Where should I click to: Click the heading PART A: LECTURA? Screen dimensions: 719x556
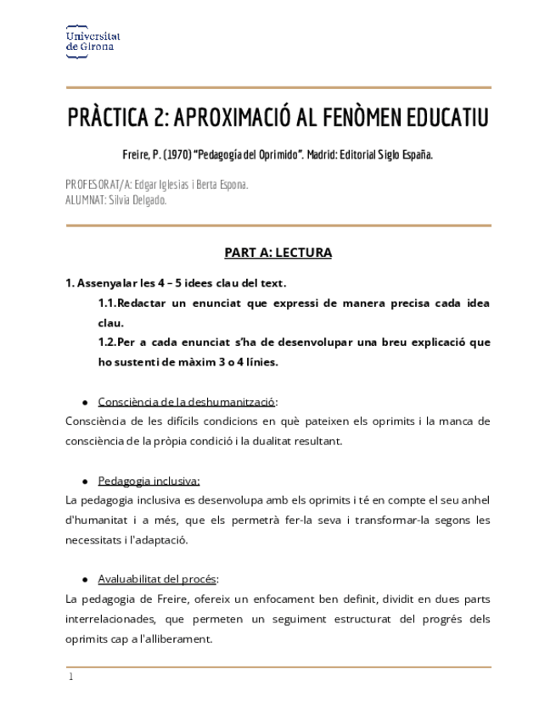(278, 253)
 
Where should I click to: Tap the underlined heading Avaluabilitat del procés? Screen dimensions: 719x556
(158, 579)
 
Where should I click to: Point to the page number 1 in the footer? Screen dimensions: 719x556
(71, 677)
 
